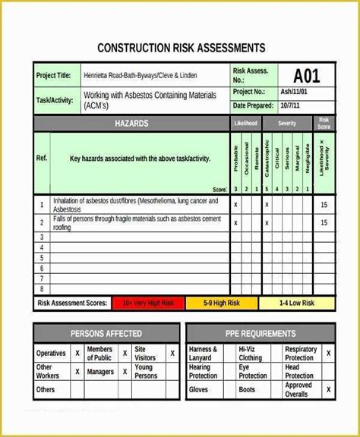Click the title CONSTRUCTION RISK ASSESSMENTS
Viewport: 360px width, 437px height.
[182, 48]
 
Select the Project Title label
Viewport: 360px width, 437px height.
[54, 76]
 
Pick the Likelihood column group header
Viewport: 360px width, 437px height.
[245, 123]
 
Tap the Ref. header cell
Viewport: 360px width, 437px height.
[42, 159]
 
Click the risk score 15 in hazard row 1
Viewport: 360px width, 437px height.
[324, 205]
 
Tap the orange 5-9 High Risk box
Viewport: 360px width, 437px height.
[220, 303]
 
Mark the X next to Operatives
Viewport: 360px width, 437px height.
[77, 354]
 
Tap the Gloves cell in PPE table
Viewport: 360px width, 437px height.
[198, 390]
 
